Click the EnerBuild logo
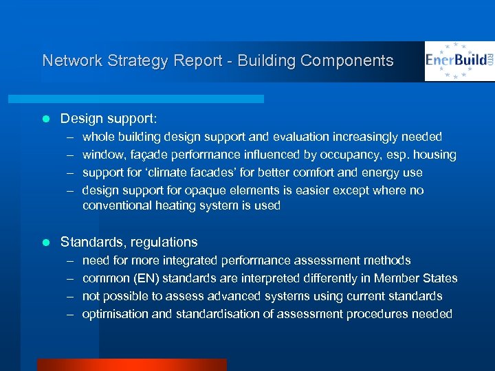(x=459, y=60)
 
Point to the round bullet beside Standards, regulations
(x=46, y=242)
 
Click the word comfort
(x=315, y=172)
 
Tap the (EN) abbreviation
(x=146, y=278)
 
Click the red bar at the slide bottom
(x=131, y=365)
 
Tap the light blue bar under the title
(x=151, y=99)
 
